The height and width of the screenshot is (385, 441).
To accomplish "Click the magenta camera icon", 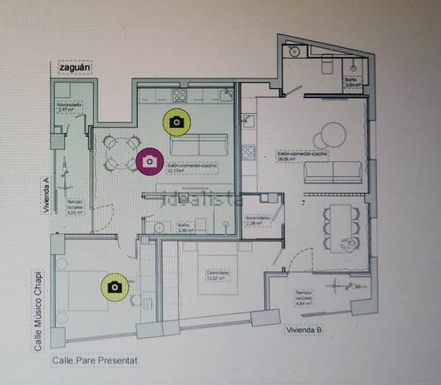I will (x=149, y=161).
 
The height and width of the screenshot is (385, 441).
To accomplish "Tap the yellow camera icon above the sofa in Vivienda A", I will (x=176, y=121).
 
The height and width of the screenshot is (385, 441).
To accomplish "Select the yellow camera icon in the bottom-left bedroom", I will (x=115, y=286).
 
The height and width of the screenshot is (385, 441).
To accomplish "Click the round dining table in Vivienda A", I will (x=120, y=153).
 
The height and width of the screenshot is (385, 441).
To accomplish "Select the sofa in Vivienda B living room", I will (x=335, y=172).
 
